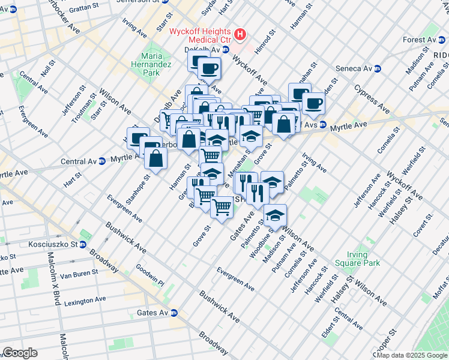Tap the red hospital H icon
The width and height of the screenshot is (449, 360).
tap(240, 34)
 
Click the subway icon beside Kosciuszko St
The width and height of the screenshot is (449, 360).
tap(83, 244)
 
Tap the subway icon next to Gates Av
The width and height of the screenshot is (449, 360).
tap(173, 313)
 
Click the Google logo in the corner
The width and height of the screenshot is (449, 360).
tap(19, 353)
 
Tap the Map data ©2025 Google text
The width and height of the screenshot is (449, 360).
tap(412, 355)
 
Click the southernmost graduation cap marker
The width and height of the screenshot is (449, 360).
tap(275, 215)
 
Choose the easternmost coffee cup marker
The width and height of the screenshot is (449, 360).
tap(314, 103)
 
